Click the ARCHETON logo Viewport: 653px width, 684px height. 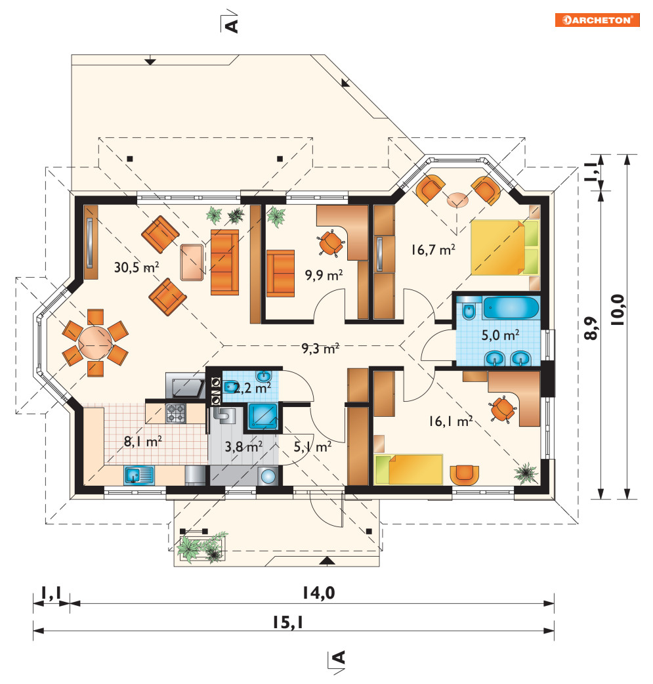point(597,20)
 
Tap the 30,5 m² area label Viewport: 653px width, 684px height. point(137,267)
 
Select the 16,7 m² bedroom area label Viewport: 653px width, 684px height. point(433,249)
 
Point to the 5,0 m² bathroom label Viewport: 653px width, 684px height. point(500,335)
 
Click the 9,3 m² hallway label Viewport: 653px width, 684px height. point(321,348)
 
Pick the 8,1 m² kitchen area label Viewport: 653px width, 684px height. point(143,442)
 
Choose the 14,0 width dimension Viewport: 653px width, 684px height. point(319,593)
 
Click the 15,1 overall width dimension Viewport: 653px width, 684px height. point(288,622)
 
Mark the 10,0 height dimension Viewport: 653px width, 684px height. point(618,310)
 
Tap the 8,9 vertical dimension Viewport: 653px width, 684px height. point(591,328)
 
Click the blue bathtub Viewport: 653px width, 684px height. point(511,308)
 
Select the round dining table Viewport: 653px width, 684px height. point(95,343)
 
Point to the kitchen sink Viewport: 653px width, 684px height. point(139,475)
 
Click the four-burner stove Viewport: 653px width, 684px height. point(175,413)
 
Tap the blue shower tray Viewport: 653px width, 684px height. point(263,416)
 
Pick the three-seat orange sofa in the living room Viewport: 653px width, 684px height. point(224,262)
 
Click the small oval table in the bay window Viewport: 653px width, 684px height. point(457,200)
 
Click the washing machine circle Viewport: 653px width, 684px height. point(268,477)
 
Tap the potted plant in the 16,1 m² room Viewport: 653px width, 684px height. point(526,473)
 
